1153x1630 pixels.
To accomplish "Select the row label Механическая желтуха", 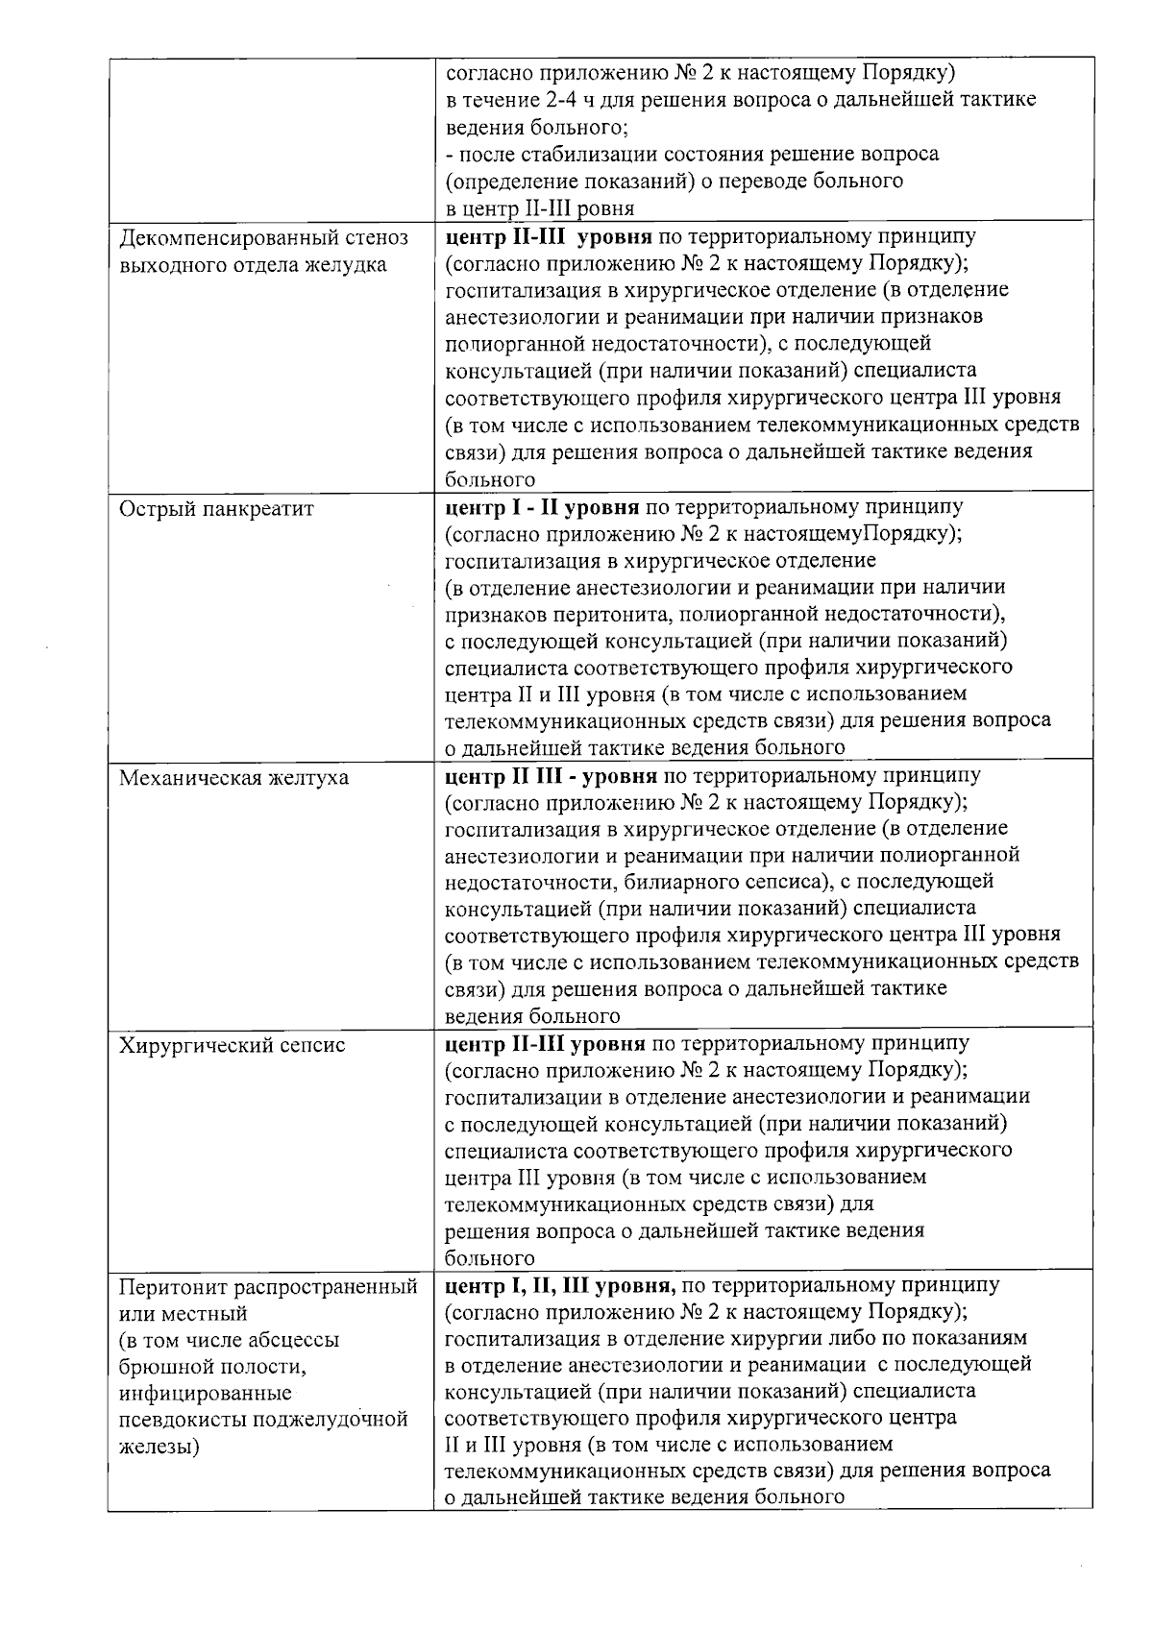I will point(233,777).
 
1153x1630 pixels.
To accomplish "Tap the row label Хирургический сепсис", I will point(232,1045).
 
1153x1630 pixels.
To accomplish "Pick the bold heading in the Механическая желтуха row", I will point(552,775).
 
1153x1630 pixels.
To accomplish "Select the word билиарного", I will point(674,881).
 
